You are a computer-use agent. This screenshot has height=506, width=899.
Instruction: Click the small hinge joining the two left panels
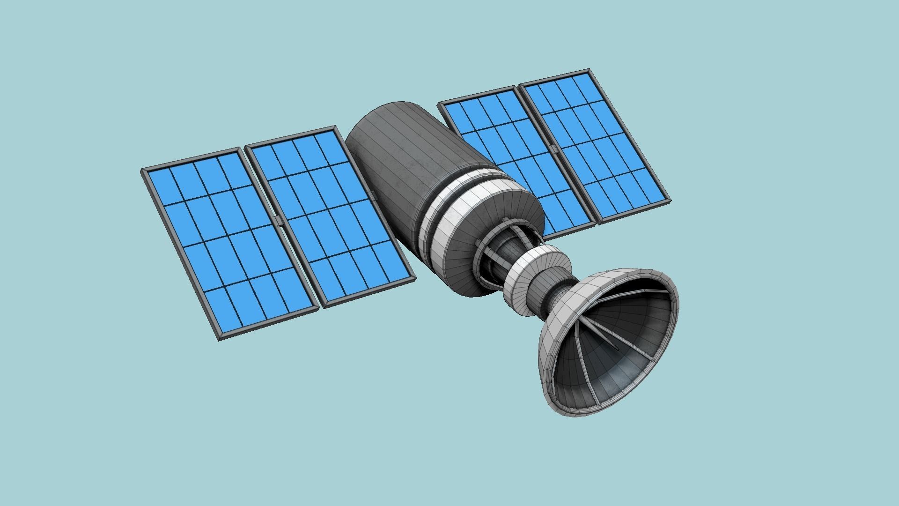tap(279, 220)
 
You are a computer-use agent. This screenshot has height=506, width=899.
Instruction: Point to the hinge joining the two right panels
tap(554, 149)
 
